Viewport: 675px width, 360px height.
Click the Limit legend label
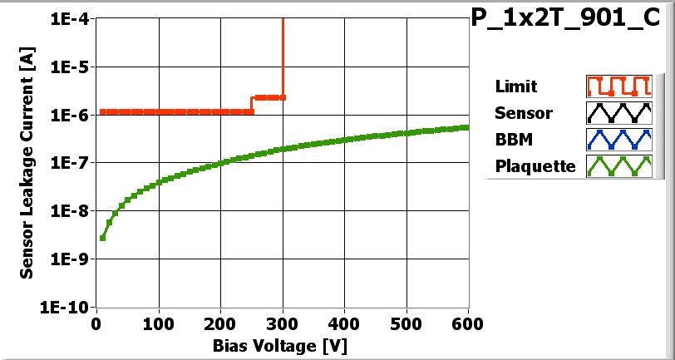click(x=515, y=86)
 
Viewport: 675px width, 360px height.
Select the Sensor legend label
click(x=523, y=113)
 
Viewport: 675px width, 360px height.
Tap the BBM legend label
click(x=513, y=140)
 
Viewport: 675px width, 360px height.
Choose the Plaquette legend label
click(x=535, y=166)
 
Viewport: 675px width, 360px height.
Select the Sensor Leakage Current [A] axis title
click(x=27, y=163)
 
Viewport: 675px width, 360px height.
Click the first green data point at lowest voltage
click(x=102, y=238)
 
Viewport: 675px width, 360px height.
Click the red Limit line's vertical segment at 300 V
click(x=283, y=58)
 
